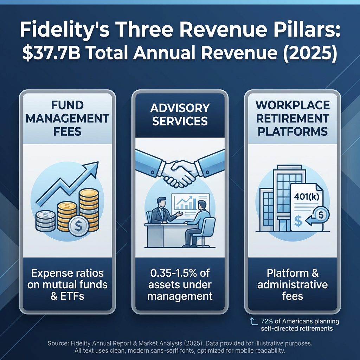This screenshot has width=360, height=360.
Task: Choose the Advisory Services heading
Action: click(x=180, y=114)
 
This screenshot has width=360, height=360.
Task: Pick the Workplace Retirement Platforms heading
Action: click(x=292, y=118)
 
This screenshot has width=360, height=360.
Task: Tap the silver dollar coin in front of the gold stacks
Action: click(x=78, y=226)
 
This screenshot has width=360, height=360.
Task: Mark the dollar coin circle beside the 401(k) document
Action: click(x=321, y=214)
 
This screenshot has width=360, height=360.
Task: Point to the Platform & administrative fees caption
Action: click(x=292, y=284)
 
